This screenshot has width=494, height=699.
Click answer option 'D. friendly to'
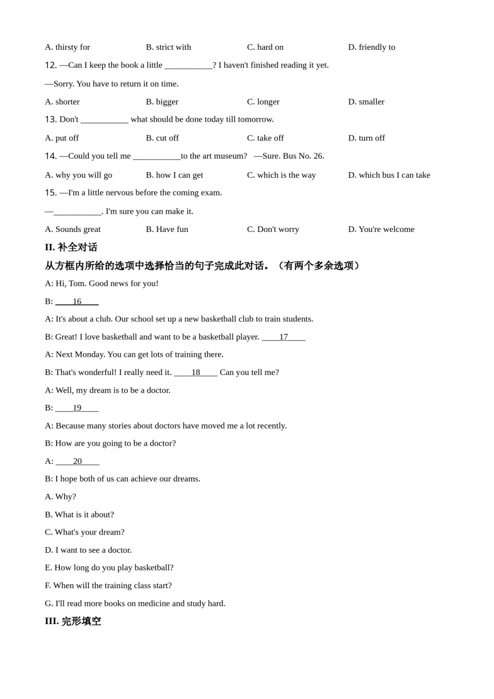pyautogui.click(x=371, y=47)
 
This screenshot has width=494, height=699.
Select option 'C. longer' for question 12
pyautogui.click(x=263, y=102)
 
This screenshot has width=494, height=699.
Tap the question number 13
pyautogui.click(x=50, y=120)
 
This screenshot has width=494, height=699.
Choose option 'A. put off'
pyautogui.click(x=62, y=138)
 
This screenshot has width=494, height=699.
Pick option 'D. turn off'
pyautogui.click(x=366, y=138)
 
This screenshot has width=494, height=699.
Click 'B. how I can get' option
pyautogui.click(x=174, y=175)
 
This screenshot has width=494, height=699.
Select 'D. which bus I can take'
pyautogui.click(x=389, y=175)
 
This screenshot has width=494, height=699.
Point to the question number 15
pyautogui.click(x=50, y=193)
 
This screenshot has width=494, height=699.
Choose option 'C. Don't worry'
pyautogui.click(x=273, y=229)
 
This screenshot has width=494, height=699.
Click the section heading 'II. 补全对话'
pyautogui.click(x=71, y=248)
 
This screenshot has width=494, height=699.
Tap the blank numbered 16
pyautogui.click(x=77, y=302)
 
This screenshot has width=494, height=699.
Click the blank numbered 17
pyautogui.click(x=283, y=337)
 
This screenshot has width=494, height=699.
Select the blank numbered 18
pyautogui.click(x=196, y=372)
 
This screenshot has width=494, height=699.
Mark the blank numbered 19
pyautogui.click(x=77, y=408)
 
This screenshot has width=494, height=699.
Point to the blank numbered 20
pyautogui.click(x=77, y=461)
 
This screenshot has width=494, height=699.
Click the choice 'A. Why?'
pyautogui.click(x=60, y=497)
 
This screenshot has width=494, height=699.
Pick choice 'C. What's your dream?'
pyautogui.click(x=85, y=532)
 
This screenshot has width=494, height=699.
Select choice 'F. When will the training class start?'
pyautogui.click(x=108, y=586)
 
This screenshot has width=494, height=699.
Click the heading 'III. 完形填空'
pyautogui.click(x=73, y=622)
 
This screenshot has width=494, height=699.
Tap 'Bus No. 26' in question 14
pyautogui.click(x=303, y=156)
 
